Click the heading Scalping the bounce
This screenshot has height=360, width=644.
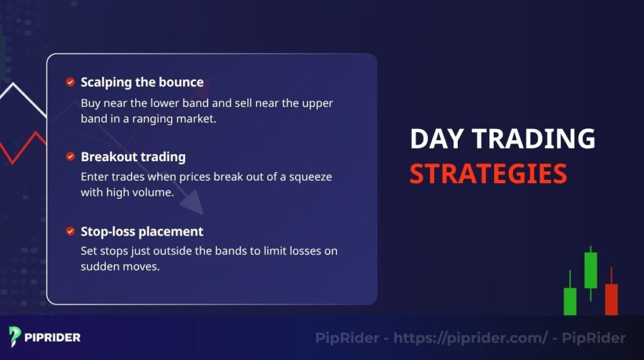tap(142, 82)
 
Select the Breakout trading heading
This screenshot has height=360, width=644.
tap(133, 157)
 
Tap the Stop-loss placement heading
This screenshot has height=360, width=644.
tap(142, 232)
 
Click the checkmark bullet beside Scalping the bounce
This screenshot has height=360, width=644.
tap(70, 82)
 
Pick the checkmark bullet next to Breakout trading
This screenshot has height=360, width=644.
tap(70, 157)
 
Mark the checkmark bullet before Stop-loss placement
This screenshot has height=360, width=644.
tap(70, 232)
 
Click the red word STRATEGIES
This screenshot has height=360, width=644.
tap(488, 174)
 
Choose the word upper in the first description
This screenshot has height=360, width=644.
tap(302, 103)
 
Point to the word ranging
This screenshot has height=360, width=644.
tap(155, 118)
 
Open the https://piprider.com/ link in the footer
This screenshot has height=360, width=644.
tap(470, 338)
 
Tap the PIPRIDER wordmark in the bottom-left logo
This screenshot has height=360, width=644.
tap(53, 337)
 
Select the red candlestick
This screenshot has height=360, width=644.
tap(611, 299)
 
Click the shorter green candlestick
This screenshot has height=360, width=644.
tap(570, 301)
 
